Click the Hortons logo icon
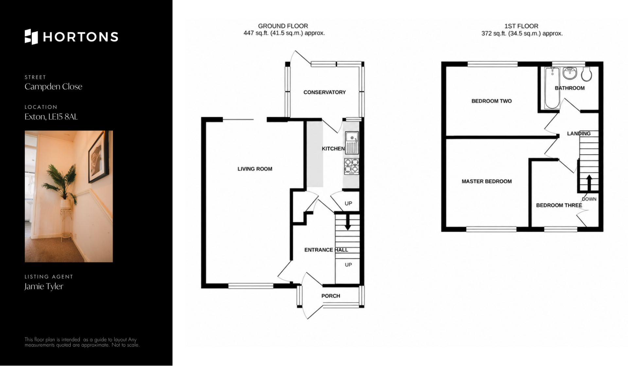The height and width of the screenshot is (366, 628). tap(31, 37)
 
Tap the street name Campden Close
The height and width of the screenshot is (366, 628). tap(53, 87)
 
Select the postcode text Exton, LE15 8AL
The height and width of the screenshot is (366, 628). tap(51, 117)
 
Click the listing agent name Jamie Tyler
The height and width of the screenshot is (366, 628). tap(44, 286)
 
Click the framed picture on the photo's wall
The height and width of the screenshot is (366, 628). tap(98, 157)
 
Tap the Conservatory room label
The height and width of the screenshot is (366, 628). tap(324, 92)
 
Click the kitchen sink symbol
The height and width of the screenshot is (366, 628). tap(352, 143)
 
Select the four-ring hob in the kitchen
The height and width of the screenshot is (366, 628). tap(351, 166)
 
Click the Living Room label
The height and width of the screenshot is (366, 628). tap(255, 169)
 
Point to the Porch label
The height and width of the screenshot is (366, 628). tap(331, 296)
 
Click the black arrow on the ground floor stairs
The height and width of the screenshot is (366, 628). tap(347, 222)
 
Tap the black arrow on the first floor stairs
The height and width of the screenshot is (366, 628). tap(589, 183)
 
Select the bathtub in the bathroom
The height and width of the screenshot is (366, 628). tap(552, 88)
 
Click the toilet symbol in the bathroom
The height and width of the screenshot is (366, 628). tap(586, 74)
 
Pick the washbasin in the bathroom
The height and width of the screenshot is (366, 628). tap(570, 73)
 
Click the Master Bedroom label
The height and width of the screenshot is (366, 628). tap(487, 181)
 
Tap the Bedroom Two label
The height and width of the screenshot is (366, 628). tap(492, 101)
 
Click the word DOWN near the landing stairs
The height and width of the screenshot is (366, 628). tap(589, 199)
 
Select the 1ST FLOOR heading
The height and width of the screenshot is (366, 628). tap(521, 26)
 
